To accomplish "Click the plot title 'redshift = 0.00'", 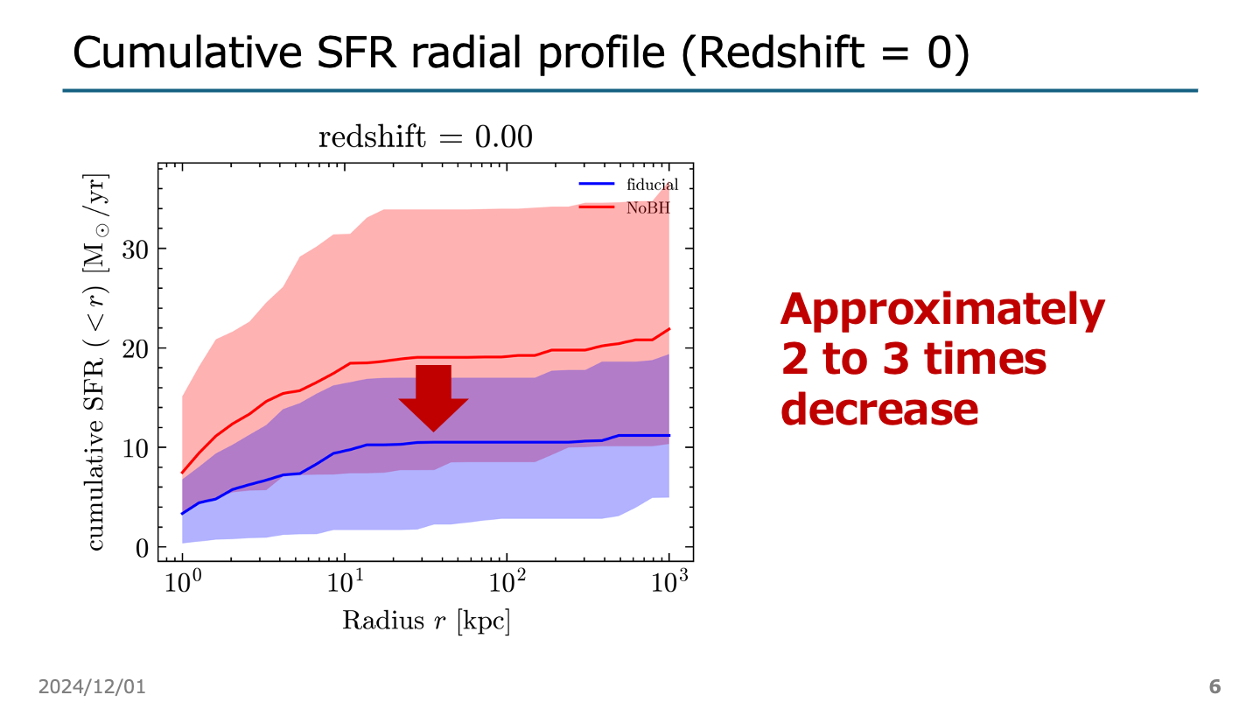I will [x=425, y=138].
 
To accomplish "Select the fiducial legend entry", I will [x=652, y=185].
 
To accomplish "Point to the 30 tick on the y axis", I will [x=136, y=249].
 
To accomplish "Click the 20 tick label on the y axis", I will [x=136, y=348].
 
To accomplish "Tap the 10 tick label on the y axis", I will [x=136, y=447].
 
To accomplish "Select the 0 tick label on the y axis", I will [x=142, y=547].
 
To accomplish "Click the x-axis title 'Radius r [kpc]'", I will [x=425, y=621].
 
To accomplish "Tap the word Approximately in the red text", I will [x=942, y=310].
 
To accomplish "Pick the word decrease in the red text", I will [x=878, y=409].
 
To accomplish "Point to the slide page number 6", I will [x=1214, y=685].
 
